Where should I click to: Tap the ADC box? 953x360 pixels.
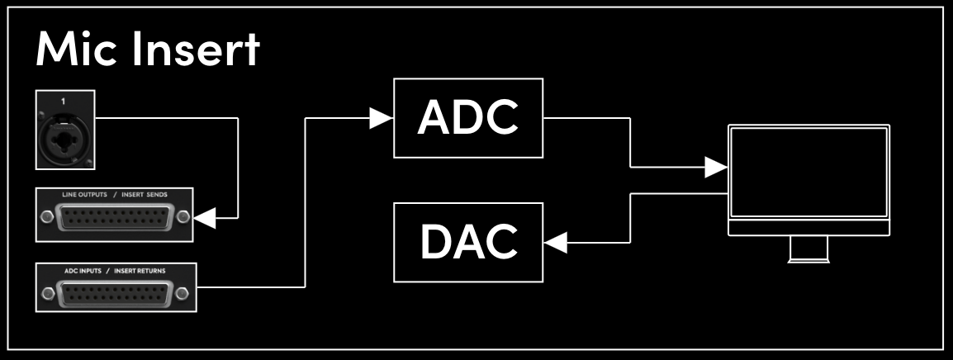point(468,118)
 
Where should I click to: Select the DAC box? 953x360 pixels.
point(468,240)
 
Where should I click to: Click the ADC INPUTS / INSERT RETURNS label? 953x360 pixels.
point(116,269)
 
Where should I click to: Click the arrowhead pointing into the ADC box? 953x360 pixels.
point(381,118)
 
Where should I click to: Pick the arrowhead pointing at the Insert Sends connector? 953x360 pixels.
point(206,218)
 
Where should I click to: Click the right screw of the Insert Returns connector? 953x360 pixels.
point(183,293)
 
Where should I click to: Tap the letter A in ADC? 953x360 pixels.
point(435,118)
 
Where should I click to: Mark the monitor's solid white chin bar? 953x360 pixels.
point(808,227)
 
